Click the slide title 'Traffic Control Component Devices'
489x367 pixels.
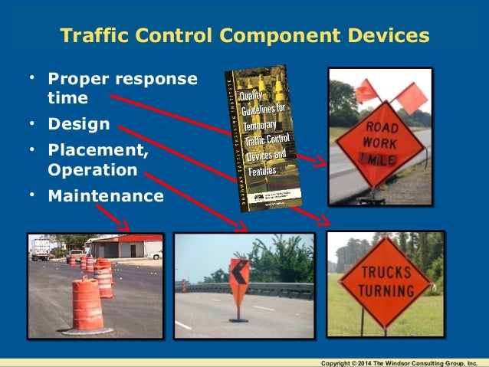click(244, 36)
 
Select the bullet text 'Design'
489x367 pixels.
click(79, 123)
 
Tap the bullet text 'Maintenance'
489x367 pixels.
click(106, 195)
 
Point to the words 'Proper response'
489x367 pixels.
click(122, 79)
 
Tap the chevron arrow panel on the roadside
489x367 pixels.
click(239, 279)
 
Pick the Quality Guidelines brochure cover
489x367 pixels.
click(263, 137)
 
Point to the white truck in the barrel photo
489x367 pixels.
click(42, 247)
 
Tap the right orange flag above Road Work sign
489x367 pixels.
click(414, 97)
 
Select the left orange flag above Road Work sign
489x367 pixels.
click(366, 90)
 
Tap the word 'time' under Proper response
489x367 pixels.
click(67, 98)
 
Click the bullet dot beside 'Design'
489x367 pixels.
click(33, 123)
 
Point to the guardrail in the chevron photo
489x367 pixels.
click(276, 289)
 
